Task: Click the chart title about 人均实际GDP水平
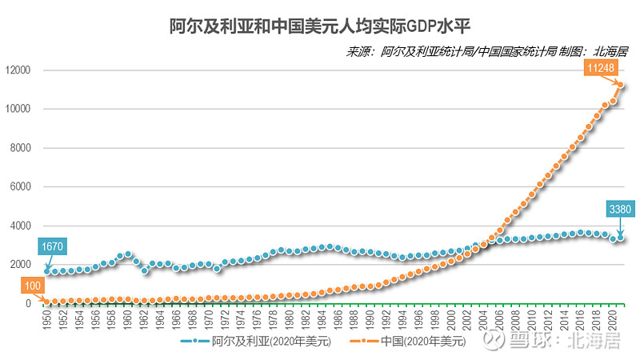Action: [x=319, y=26]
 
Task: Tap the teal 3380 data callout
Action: [x=622, y=210]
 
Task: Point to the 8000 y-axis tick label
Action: [x=18, y=148]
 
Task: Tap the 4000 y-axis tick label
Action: [x=18, y=226]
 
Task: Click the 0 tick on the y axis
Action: [x=26, y=303]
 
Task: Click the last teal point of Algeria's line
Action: [x=620, y=238]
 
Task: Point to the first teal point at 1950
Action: [x=47, y=271]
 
